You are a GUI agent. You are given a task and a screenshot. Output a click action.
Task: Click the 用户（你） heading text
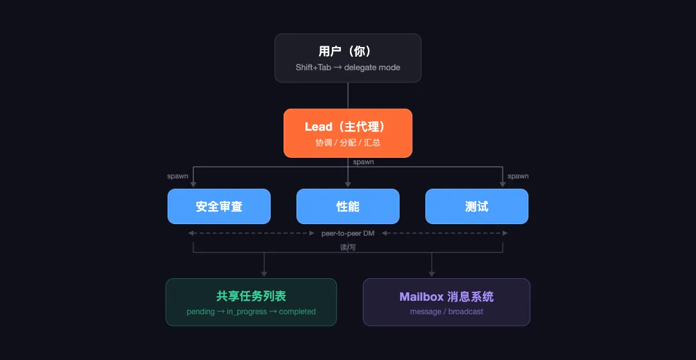point(347,52)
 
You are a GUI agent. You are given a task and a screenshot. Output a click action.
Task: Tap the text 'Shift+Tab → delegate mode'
point(347,67)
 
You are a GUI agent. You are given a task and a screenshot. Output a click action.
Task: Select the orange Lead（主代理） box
point(347,133)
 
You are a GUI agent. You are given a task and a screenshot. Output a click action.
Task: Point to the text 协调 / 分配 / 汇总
point(347,142)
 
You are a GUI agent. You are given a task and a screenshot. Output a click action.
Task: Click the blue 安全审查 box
point(218,206)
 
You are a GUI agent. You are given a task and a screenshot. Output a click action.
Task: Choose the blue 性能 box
point(347,206)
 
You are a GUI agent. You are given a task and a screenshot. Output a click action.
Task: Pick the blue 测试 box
point(476,206)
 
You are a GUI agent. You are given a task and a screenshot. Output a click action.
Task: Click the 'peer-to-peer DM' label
point(347,233)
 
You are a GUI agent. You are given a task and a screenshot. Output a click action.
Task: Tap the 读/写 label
point(347,247)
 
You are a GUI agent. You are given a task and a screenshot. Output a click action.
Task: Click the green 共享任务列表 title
point(251,296)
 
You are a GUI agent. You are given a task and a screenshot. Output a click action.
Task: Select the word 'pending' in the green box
point(200,312)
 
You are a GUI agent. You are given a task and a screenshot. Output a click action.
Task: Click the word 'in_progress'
point(247,312)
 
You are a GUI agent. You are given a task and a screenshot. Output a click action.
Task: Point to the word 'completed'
point(297,312)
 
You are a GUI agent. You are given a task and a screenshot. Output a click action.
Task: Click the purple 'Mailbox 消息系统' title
point(446,296)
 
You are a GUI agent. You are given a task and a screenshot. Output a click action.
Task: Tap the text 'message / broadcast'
point(446,312)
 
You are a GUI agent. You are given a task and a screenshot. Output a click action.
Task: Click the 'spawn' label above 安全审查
point(178,176)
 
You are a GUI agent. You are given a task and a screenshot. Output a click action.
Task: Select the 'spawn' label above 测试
point(517,176)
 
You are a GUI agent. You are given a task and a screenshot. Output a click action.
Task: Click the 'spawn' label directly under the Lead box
point(363,162)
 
